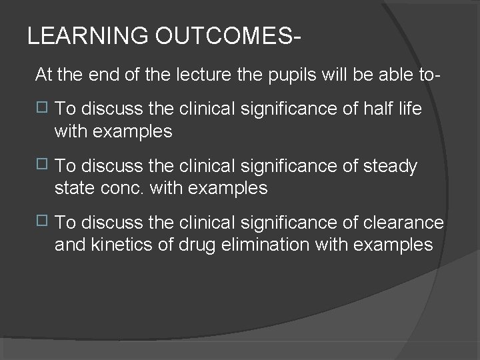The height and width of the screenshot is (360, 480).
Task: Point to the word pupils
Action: point(286,75)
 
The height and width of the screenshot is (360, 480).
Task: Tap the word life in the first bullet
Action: point(409,109)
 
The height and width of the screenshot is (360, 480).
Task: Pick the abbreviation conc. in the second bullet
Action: point(124,189)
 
